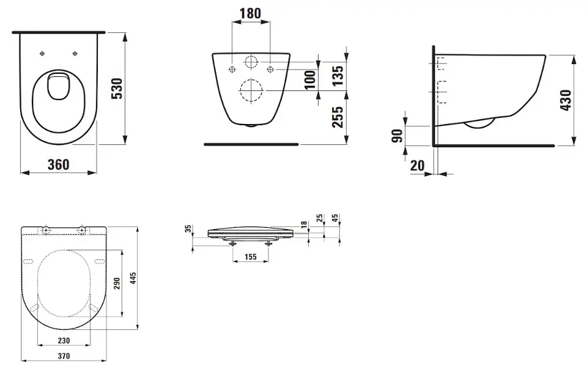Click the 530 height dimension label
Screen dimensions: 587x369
[x=117, y=88]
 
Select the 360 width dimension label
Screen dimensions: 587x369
[x=59, y=164]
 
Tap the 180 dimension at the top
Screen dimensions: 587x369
[x=250, y=13]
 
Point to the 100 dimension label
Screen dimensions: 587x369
[x=310, y=80]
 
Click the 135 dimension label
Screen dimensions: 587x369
[x=338, y=76]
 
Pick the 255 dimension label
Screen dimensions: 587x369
[x=338, y=117]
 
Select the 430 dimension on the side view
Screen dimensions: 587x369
[x=566, y=100]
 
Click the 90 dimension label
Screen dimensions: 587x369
[x=397, y=136]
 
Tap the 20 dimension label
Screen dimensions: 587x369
[x=418, y=165]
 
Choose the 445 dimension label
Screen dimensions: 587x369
[x=133, y=279]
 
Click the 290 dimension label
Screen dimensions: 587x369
[x=117, y=284]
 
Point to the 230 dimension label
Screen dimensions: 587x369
[x=64, y=340]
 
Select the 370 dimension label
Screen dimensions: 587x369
[x=64, y=356]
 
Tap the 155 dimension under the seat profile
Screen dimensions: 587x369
[x=251, y=257]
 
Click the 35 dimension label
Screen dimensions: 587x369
[x=189, y=228]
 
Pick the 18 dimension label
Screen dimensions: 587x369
[x=304, y=224]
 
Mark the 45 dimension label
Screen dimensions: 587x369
[x=335, y=217]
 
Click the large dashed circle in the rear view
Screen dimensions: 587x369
[x=251, y=90]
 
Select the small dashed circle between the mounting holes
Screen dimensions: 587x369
[x=251, y=62]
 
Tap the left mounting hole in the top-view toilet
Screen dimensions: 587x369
[x=42, y=54]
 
